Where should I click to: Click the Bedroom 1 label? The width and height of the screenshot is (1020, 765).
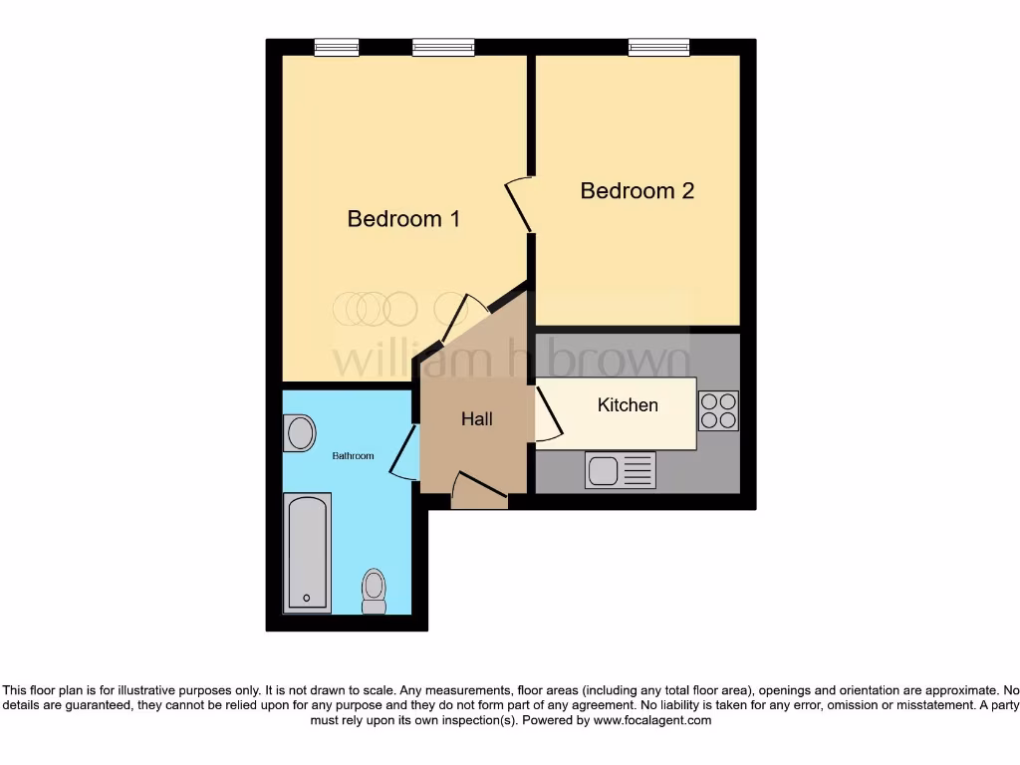tap(403, 219)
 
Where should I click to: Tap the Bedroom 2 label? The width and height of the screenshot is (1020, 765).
tap(637, 190)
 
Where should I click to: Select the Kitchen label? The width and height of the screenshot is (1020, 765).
tap(628, 405)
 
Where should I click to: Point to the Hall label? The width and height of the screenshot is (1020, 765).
tap(476, 419)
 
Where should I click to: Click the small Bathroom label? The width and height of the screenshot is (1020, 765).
tap(353, 456)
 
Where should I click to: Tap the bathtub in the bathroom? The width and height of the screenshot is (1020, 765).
tap(307, 553)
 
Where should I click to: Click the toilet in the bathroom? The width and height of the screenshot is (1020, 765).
tap(374, 591)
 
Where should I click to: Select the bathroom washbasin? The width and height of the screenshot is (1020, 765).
tap(299, 433)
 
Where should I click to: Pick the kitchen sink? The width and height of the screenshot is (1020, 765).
tap(620, 470)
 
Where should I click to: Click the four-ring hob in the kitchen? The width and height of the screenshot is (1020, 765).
tap(718, 410)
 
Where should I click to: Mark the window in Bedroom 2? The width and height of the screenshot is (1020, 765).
tap(658, 47)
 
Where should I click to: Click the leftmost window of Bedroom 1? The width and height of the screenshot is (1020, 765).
tap(336, 47)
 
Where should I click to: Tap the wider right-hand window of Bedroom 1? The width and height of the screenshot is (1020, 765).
tap(443, 47)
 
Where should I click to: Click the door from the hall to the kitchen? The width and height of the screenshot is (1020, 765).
tap(549, 413)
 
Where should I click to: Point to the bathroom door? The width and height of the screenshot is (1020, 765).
tap(403, 453)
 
